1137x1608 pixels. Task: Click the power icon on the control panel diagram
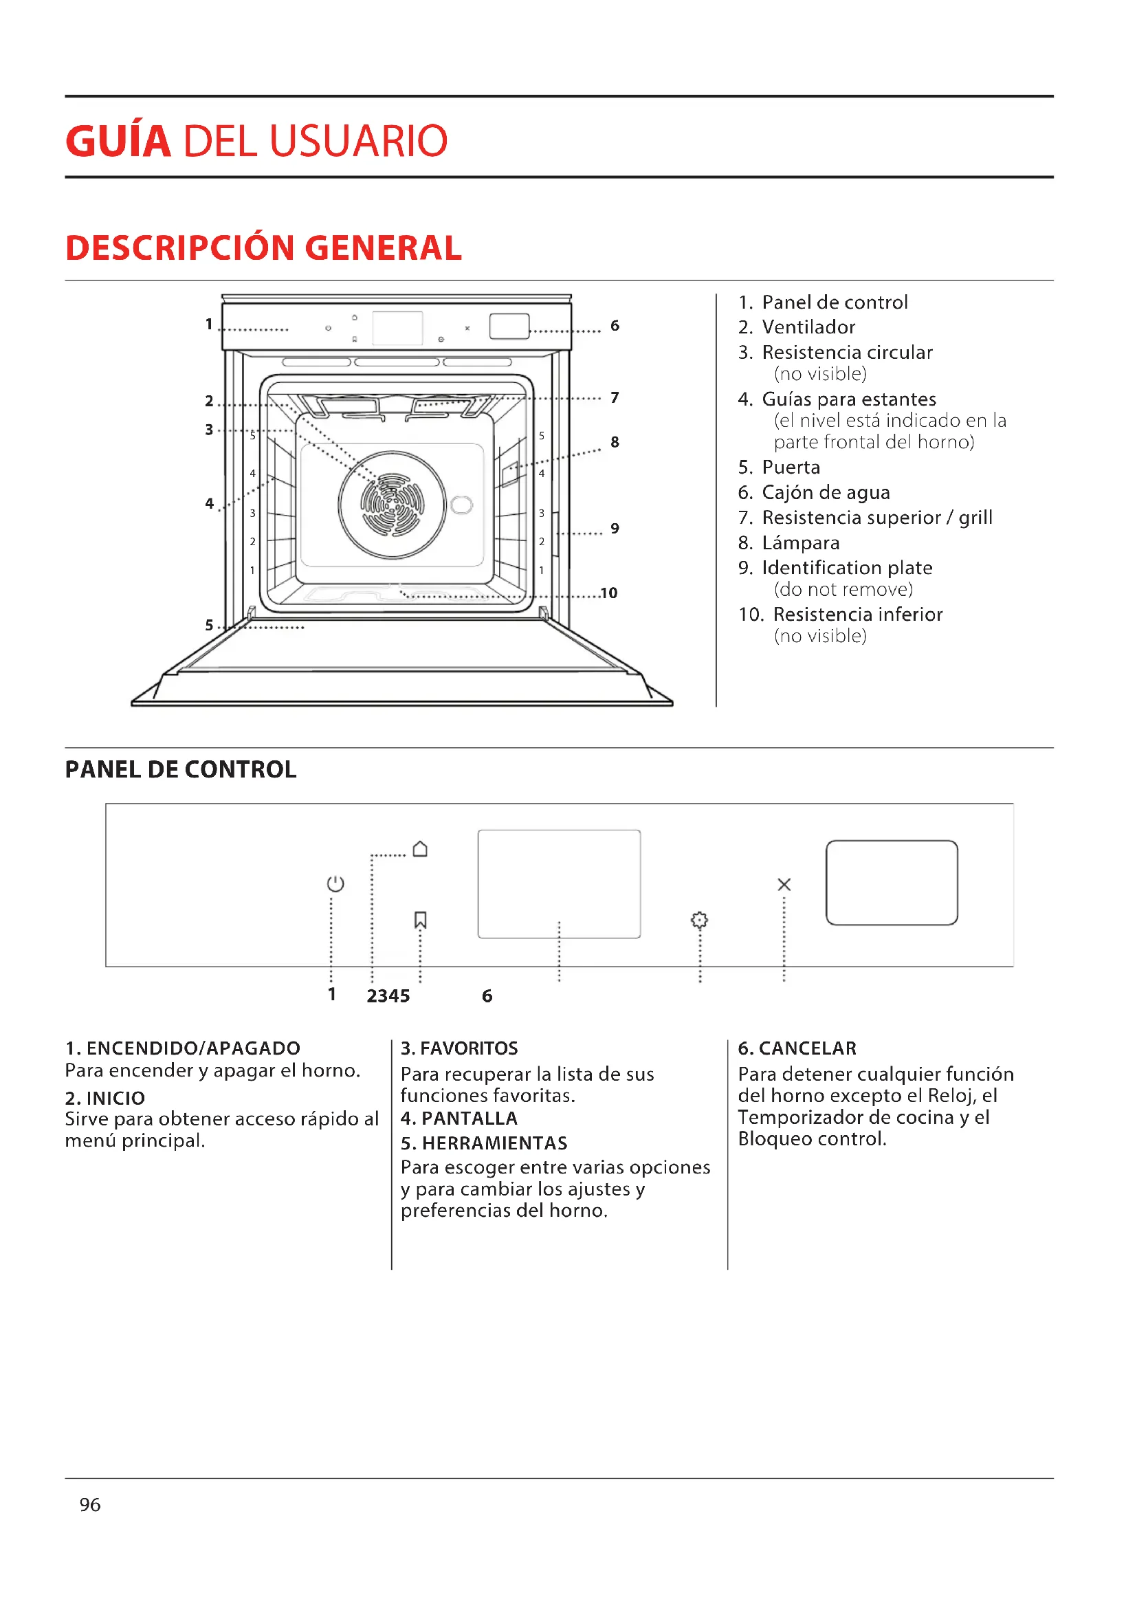click(335, 883)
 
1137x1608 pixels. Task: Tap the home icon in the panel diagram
click(420, 849)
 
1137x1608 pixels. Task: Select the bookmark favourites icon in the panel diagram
click(420, 920)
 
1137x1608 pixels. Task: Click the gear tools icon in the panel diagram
click(698, 920)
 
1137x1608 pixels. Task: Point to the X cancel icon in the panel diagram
click(784, 885)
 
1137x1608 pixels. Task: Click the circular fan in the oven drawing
click(392, 504)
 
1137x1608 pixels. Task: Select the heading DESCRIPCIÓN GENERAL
click(263, 248)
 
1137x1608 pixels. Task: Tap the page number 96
click(89, 1504)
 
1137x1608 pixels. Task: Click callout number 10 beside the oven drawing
click(608, 593)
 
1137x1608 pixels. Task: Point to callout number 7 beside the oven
click(615, 398)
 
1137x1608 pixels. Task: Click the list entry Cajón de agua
click(826, 492)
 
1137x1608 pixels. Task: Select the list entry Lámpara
click(800, 543)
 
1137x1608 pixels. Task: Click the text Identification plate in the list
click(846, 567)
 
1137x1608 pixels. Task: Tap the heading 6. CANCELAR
click(797, 1048)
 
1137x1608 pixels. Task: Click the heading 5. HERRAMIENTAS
click(484, 1143)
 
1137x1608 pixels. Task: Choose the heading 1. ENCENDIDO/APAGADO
click(182, 1048)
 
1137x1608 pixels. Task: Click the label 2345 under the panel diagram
click(388, 996)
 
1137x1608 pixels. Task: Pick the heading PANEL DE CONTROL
click(181, 770)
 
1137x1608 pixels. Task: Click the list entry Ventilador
click(808, 327)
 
